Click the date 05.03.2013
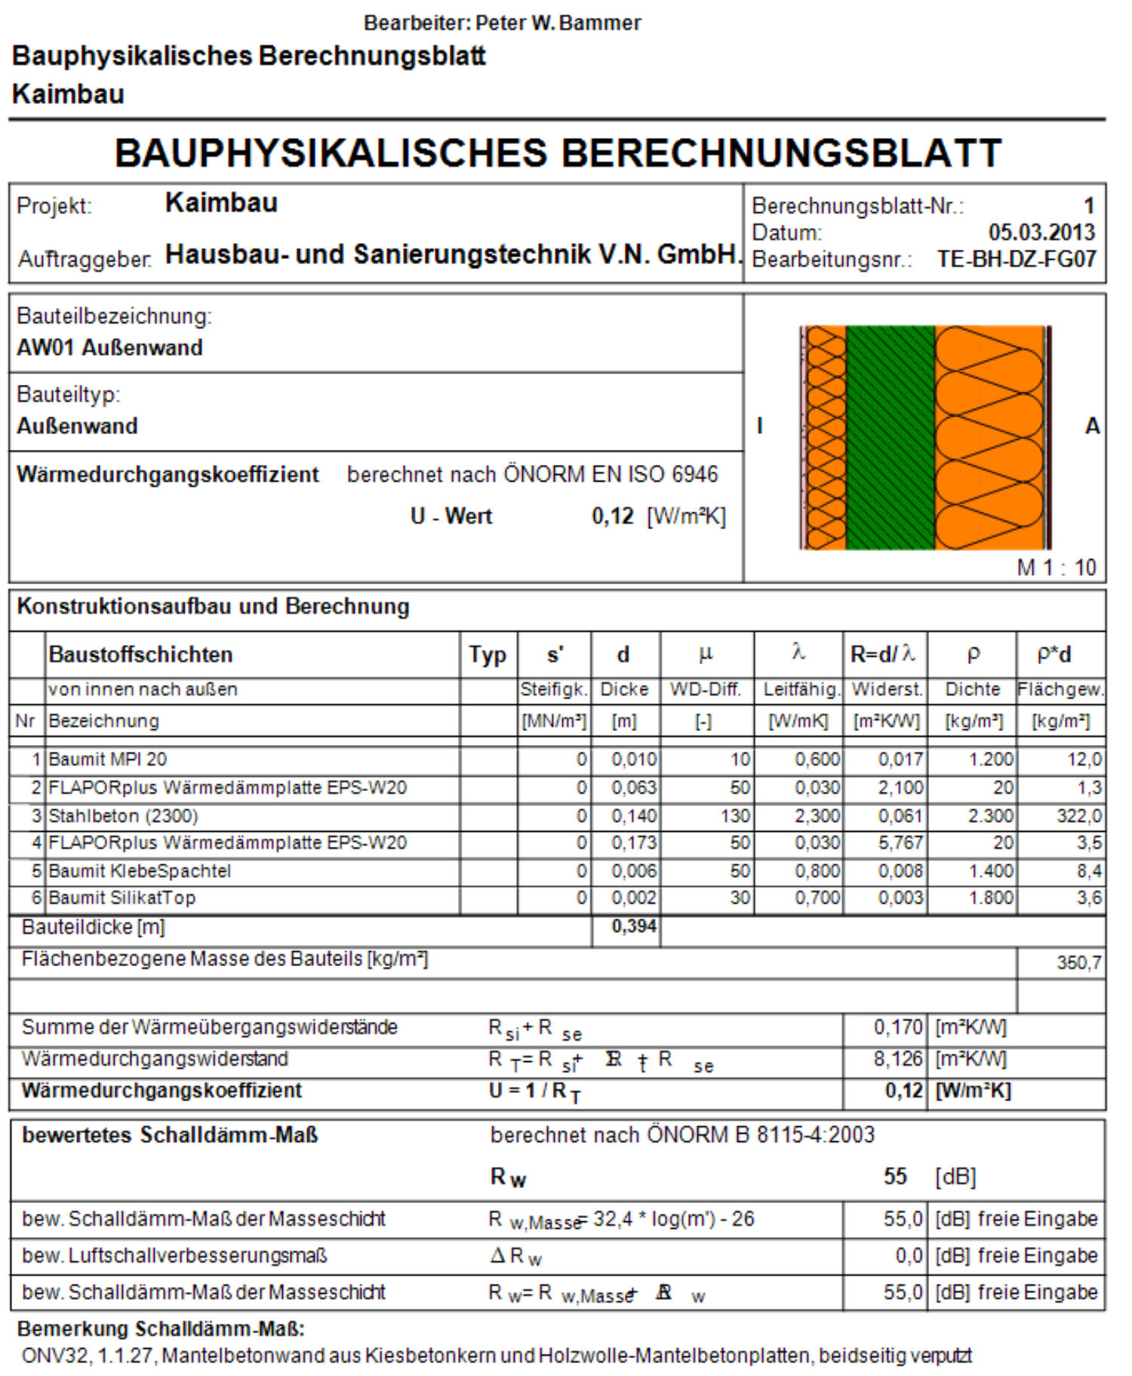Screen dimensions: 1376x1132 [x=1041, y=232]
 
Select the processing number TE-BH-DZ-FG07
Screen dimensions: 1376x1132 [x=1016, y=259]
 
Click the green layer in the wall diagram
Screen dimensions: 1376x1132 [x=890, y=438]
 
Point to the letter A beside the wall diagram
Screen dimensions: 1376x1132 [x=1091, y=426]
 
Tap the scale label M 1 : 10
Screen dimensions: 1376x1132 [x=1056, y=567]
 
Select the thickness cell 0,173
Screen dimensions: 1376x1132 [x=633, y=843]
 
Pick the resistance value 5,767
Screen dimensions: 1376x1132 [x=900, y=843]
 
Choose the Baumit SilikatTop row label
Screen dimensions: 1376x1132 [x=122, y=898]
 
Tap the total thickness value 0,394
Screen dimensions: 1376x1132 [x=633, y=926]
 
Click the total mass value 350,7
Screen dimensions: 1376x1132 [x=1078, y=962]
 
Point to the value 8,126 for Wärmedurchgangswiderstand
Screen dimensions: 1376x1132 [x=897, y=1059]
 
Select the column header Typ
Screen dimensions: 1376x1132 [x=488, y=654]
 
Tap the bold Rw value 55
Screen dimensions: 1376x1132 [x=894, y=1176]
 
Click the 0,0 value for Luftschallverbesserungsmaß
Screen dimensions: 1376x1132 [x=908, y=1255]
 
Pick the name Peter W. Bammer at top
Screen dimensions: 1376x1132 [x=558, y=23]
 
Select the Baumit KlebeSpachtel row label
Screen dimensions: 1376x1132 [x=140, y=871]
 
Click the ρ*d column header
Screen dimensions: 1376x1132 [x=1054, y=654]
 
